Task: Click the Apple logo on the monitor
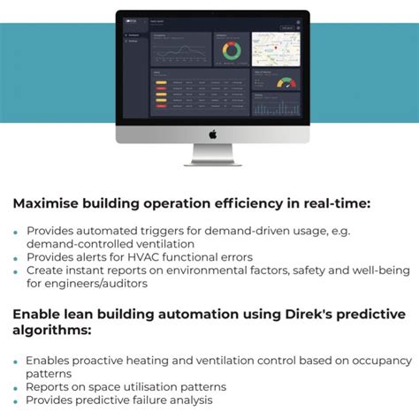point(212,134)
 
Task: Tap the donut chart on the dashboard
point(231,51)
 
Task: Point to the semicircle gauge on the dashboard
point(286,82)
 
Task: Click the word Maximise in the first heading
point(48,203)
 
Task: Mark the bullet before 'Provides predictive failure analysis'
point(16,401)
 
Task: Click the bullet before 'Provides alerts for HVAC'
point(16,258)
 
